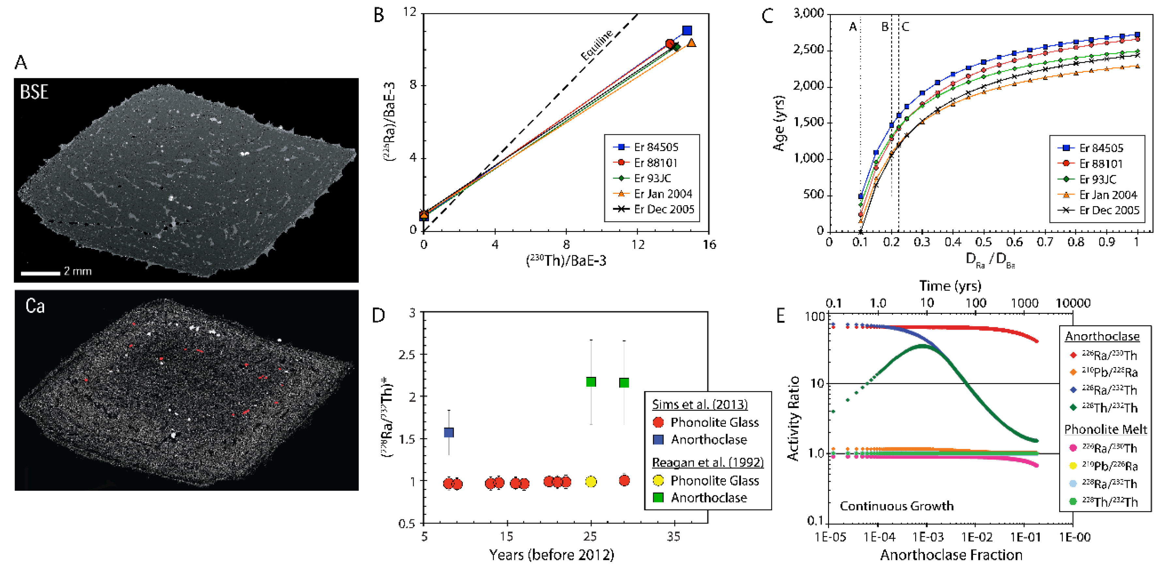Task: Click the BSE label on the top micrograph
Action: click(x=34, y=92)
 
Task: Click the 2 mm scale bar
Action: click(x=40, y=273)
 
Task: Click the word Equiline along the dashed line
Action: click(x=597, y=45)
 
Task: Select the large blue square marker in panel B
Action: click(x=687, y=31)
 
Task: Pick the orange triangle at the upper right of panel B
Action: click(x=691, y=43)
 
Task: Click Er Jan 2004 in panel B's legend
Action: click(x=663, y=194)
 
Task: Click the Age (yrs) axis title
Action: click(x=779, y=123)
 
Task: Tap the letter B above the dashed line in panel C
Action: click(x=885, y=27)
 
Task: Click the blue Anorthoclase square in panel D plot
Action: click(x=449, y=433)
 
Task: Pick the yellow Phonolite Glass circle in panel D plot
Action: click(x=591, y=482)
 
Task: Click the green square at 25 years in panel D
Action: click(x=591, y=382)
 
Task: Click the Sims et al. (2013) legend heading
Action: click(x=699, y=404)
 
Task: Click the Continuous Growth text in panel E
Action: click(x=896, y=506)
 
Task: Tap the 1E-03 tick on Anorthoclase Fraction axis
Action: click(x=928, y=537)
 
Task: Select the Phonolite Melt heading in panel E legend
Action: click(x=1105, y=429)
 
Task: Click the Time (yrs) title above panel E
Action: click(x=950, y=286)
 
